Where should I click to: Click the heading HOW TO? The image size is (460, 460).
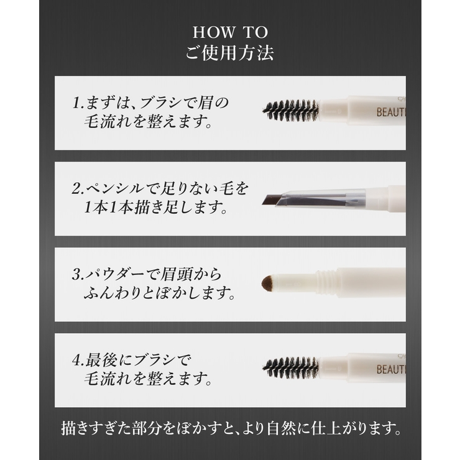point(230,32)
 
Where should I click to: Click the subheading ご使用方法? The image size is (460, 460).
point(230,53)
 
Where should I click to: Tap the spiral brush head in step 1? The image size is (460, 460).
point(290,111)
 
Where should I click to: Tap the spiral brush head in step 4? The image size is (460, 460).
point(290,368)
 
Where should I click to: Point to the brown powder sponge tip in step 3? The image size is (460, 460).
point(268,283)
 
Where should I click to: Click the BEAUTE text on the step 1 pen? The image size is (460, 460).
point(391,112)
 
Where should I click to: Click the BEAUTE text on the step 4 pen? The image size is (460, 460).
point(391,369)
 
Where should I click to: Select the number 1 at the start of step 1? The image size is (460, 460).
point(76,103)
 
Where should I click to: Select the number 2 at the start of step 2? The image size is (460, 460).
point(76,188)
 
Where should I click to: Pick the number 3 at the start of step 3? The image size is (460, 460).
point(76,275)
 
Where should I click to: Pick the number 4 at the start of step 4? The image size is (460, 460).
point(76,361)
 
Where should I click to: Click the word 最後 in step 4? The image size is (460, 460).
point(101,361)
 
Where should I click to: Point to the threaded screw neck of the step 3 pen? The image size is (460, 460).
point(326,282)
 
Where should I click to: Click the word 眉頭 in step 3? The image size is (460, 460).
point(177,275)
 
